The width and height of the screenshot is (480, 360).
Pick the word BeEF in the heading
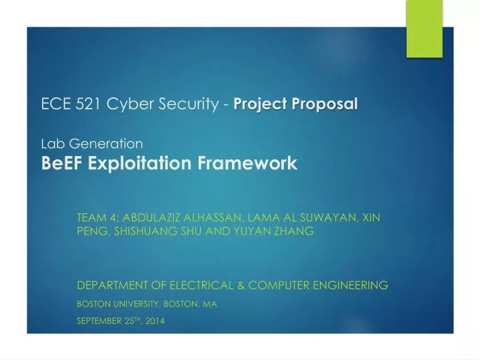[59, 162]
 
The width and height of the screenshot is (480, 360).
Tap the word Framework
[251, 162]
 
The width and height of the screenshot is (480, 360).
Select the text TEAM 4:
[98, 217]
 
